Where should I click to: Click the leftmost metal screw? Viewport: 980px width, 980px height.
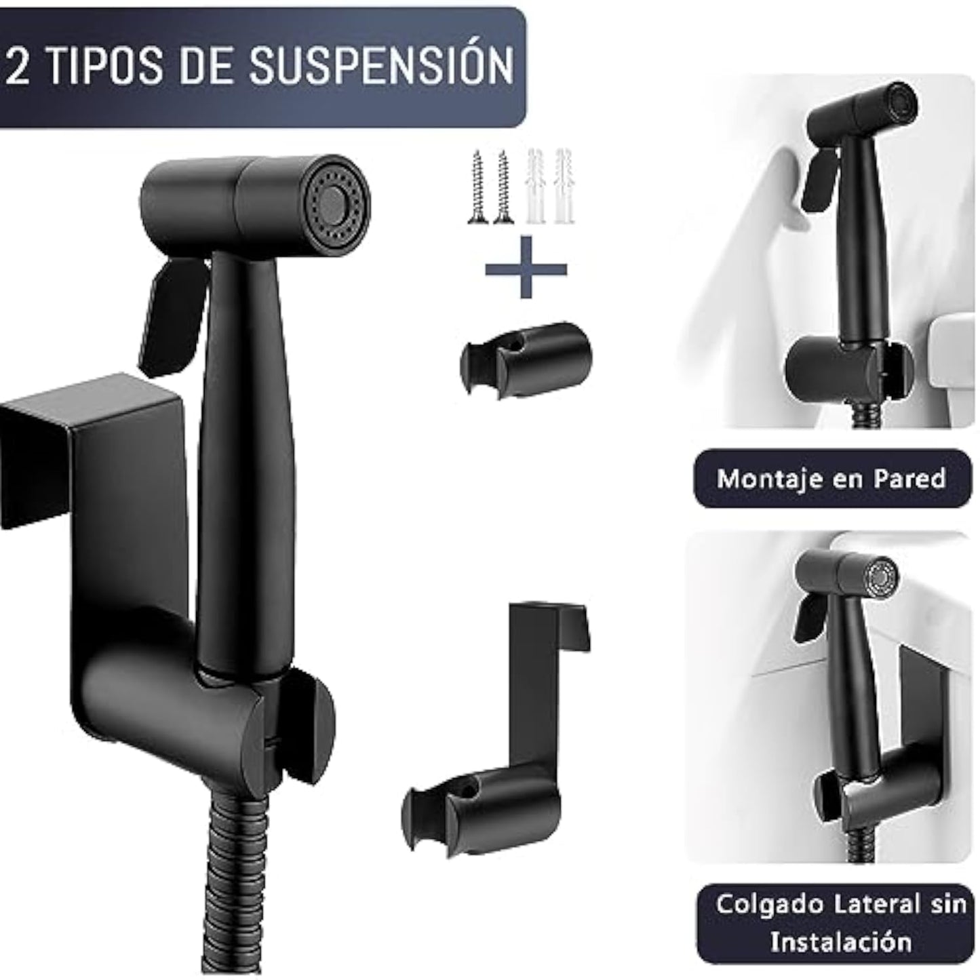click(477, 187)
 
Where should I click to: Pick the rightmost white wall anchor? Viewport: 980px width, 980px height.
click(564, 187)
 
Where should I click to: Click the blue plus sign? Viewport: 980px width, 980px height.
click(526, 267)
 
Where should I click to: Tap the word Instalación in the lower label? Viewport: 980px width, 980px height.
click(840, 941)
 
